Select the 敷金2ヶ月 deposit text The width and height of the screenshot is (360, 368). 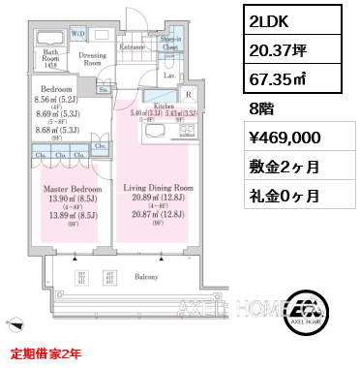tap(284, 166)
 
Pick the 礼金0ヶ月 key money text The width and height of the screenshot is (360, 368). tap(284, 195)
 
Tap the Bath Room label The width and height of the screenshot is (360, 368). tap(50, 55)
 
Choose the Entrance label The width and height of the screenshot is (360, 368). tap(131, 46)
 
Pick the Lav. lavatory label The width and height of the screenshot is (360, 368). tap(168, 74)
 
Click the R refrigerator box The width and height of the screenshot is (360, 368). tap(190, 95)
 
